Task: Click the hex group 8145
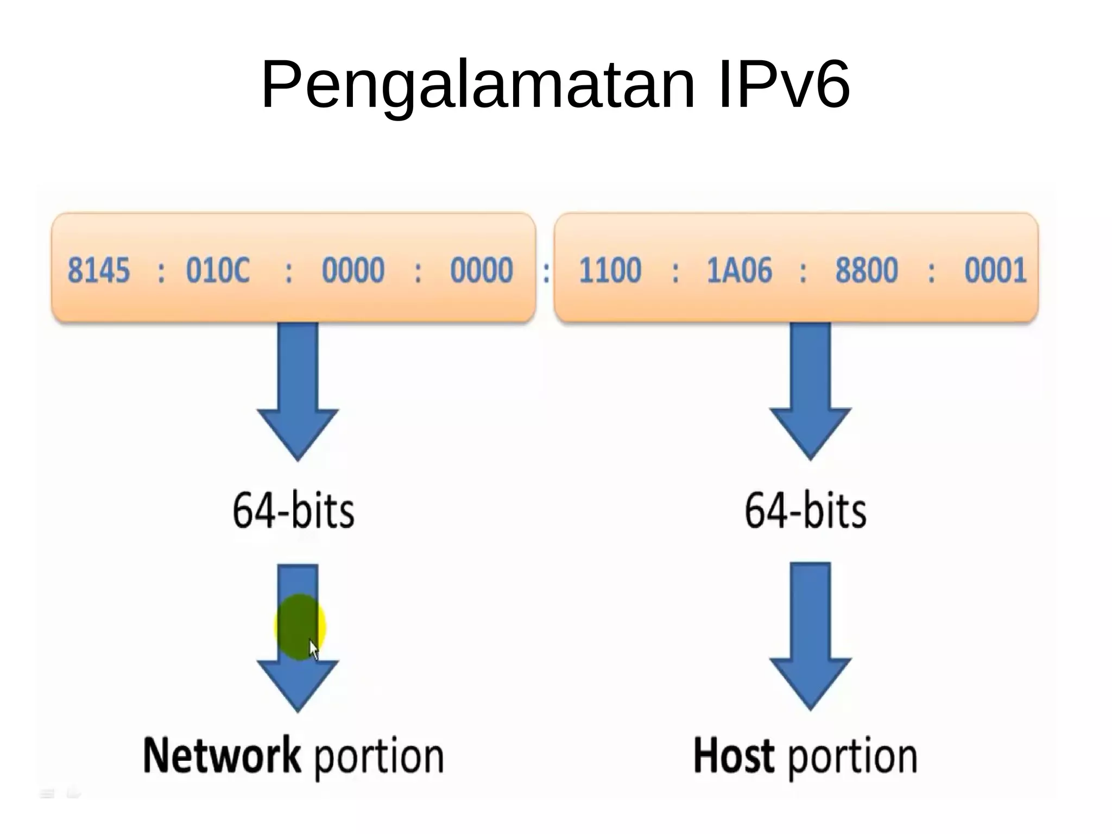(99, 270)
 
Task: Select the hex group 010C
(218, 270)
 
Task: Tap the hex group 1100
(610, 270)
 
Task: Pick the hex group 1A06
(739, 270)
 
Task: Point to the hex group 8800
(866, 270)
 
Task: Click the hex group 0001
(995, 270)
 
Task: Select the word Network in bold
(222, 755)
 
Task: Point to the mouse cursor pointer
(313, 649)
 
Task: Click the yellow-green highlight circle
(300, 626)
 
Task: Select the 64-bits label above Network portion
(293, 511)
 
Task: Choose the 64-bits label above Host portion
(805, 511)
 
